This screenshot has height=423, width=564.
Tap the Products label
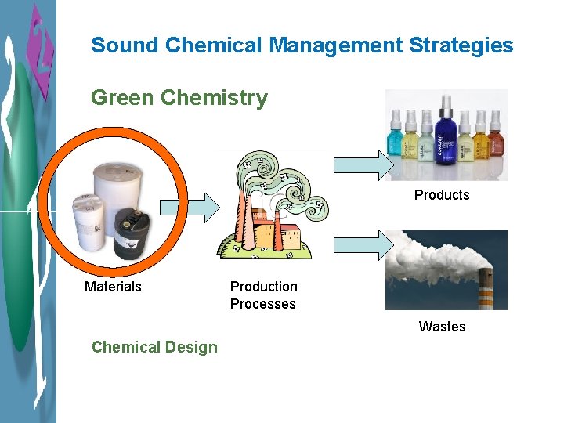pyautogui.click(x=442, y=195)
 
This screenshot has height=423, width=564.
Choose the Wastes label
pyautogui.click(x=442, y=327)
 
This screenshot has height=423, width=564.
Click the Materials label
pyautogui.click(x=113, y=287)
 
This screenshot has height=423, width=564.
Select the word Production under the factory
pyautogui.click(x=264, y=287)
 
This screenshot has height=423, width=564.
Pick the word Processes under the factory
pyautogui.click(x=263, y=304)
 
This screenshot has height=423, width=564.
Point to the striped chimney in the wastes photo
pyautogui.click(x=485, y=290)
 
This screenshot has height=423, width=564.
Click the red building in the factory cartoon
pyautogui.click(x=287, y=234)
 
